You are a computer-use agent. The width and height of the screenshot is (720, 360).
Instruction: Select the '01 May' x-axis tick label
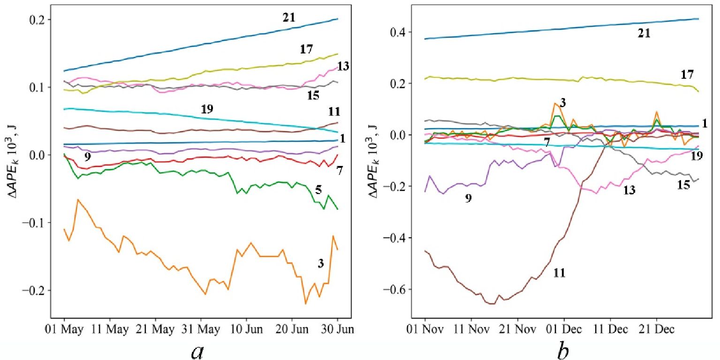pyautogui.click(x=64, y=328)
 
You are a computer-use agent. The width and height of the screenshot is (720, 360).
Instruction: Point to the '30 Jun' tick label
pyautogui.click(x=337, y=328)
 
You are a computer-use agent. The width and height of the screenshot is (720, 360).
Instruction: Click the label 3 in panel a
pyautogui.click(x=321, y=264)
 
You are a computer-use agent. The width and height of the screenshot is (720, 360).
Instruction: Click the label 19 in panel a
pyautogui.click(x=207, y=110)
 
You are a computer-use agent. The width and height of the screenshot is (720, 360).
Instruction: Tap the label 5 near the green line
pyautogui.click(x=318, y=190)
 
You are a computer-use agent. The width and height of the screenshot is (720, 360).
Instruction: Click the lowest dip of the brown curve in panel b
pyautogui.click(x=492, y=304)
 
